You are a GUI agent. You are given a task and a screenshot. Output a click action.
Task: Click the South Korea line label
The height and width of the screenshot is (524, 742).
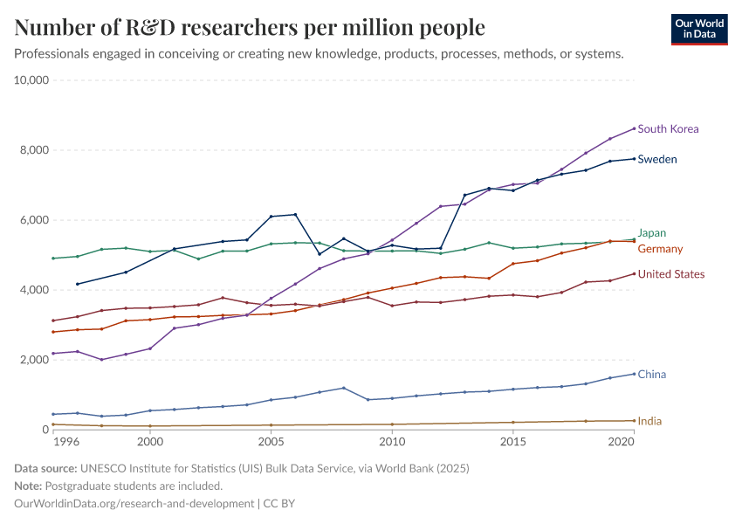668,129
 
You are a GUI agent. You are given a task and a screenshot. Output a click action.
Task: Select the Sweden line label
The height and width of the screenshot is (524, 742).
657,160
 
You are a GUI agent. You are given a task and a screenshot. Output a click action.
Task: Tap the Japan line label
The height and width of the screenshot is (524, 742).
653,233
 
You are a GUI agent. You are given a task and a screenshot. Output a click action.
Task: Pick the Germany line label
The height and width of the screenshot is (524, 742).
661,249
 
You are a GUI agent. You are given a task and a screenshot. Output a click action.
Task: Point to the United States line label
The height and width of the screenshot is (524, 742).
671,274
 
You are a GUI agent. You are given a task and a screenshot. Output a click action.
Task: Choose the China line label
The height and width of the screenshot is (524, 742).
652,375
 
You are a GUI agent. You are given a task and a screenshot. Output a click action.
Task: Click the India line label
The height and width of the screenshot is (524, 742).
649,421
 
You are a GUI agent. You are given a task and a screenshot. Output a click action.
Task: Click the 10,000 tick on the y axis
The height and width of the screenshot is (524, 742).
34,80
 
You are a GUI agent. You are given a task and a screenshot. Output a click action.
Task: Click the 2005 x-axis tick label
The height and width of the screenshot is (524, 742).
271,443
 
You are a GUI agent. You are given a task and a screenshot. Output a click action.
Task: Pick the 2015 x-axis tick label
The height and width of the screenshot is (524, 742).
513,443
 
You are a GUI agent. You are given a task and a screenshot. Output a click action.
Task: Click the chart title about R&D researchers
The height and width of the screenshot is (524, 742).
250,28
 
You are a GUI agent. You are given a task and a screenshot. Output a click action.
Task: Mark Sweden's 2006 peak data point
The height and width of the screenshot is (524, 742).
296,214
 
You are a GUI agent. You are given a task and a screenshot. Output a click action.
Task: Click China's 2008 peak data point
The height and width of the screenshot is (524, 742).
344,388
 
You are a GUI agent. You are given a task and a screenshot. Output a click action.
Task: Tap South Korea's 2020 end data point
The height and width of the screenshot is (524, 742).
634,128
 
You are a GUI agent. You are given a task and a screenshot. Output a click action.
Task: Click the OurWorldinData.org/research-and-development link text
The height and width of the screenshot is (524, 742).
134,503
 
